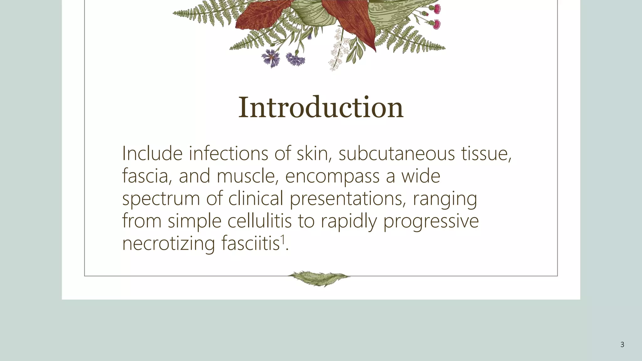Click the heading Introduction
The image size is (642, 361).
click(321, 107)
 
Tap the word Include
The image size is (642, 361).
click(152, 154)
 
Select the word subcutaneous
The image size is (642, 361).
click(397, 154)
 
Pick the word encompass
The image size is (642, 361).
click(332, 177)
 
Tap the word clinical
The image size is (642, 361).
click(255, 199)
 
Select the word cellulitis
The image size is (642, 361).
click(260, 221)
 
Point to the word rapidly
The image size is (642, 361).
click(349, 222)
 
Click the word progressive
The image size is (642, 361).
click(431, 222)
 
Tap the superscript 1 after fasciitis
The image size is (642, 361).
click(283, 239)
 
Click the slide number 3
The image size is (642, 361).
click(622, 345)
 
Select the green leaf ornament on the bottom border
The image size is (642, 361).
click(319, 278)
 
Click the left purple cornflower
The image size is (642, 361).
click(270, 58)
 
